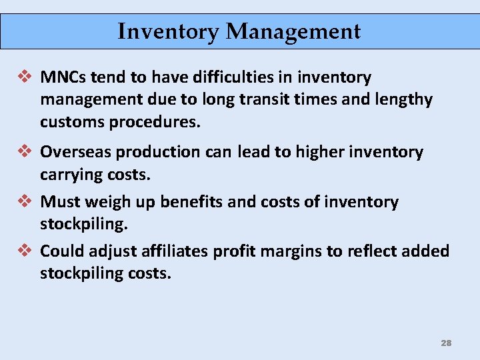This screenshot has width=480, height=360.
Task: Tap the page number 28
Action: coord(446,343)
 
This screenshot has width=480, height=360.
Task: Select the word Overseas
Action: coord(76,152)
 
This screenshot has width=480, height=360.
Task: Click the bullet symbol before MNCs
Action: coord(25,77)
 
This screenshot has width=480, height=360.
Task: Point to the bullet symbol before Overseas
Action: coord(25,152)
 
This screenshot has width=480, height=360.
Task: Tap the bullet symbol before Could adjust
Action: coord(25,251)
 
